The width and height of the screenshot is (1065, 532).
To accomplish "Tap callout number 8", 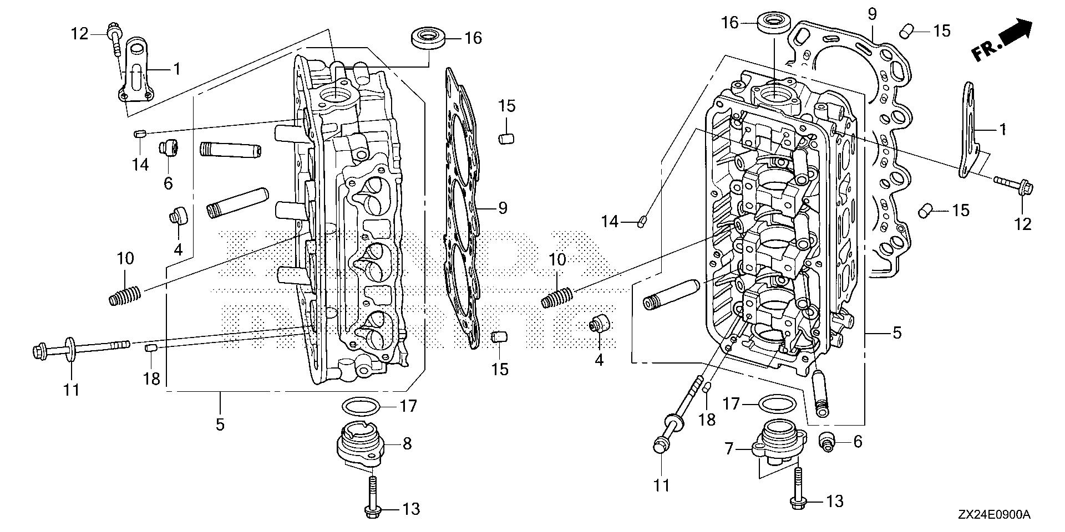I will click(407, 444).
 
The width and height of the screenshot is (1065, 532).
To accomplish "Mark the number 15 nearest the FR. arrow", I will click(941, 30).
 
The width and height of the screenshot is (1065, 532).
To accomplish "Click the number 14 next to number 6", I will click(140, 164).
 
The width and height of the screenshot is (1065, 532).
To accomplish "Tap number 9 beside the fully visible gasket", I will click(502, 208).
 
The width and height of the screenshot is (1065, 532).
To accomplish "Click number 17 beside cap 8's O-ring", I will click(408, 406).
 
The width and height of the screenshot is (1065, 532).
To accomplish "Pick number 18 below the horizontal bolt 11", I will click(151, 378).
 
